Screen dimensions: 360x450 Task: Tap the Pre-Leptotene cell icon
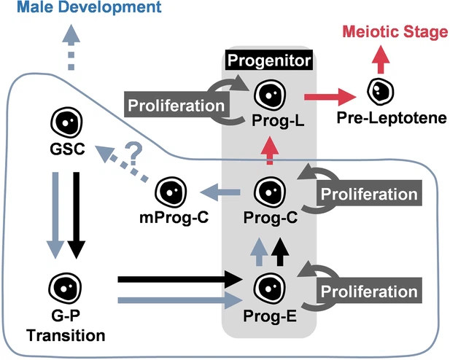point(380,91)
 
